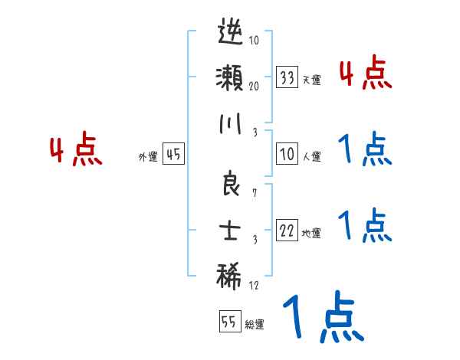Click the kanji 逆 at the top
[x=230, y=36]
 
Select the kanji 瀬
[x=230, y=79]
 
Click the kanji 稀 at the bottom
[x=230, y=274]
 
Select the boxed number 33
[x=287, y=78]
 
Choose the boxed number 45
[x=173, y=155]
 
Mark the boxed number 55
[x=228, y=322]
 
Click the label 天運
[x=311, y=80]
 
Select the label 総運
[x=254, y=324]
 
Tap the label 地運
[x=311, y=234]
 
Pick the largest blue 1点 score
[x=321, y=319]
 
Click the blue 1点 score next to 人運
[x=365, y=150]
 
